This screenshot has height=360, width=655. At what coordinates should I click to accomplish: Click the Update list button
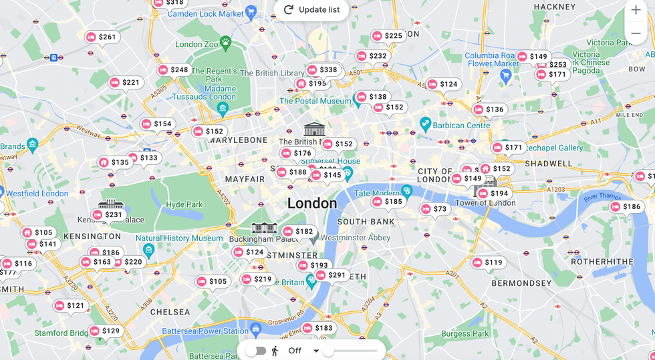point(311,9)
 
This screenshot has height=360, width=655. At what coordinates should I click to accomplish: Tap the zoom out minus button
point(636,33)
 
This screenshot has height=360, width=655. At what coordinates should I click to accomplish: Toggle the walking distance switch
point(255,351)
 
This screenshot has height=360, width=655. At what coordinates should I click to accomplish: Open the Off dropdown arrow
point(316,351)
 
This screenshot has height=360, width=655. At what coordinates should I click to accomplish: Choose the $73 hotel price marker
point(434,209)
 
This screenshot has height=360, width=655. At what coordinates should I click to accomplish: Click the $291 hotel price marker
point(331,275)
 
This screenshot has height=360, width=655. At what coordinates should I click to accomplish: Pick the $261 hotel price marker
point(101,37)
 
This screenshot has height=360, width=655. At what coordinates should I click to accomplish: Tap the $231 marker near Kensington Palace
point(107,215)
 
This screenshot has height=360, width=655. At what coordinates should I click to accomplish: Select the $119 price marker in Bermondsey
point(487,262)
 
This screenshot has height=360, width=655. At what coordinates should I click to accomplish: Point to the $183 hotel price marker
point(317,328)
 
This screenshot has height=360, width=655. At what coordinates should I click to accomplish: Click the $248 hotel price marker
point(173,70)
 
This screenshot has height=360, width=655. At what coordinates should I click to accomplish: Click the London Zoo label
point(198,44)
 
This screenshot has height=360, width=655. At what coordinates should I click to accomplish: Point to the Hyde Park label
point(184,204)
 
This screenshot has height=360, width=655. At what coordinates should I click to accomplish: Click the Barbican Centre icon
point(425,123)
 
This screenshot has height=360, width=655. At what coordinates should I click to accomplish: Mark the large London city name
point(312,203)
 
